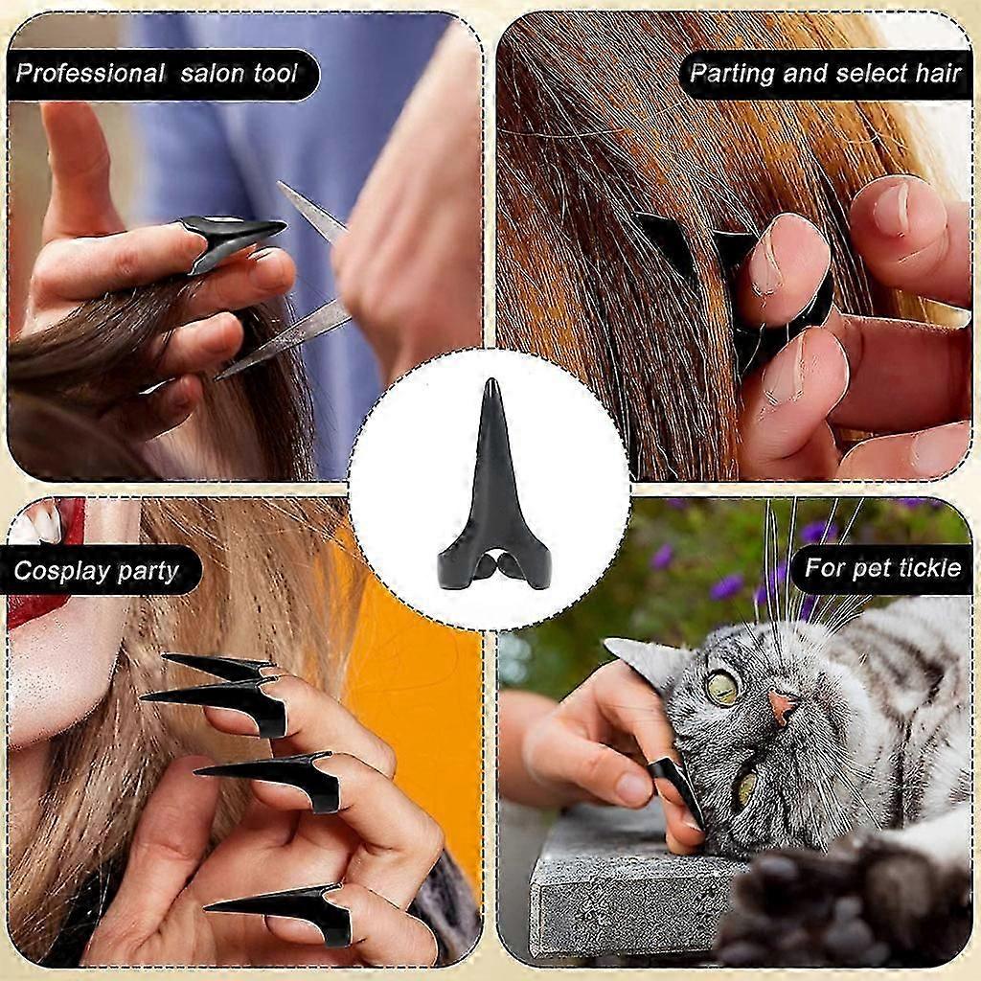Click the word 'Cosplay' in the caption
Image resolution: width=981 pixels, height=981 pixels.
tap(55, 571)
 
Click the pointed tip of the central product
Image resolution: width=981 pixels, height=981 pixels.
tap(490, 379)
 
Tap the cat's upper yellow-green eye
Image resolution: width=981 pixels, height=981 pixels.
tap(724, 687)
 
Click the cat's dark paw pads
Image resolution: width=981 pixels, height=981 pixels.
tap(845, 913)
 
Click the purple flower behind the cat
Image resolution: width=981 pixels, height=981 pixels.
tap(726, 588)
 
